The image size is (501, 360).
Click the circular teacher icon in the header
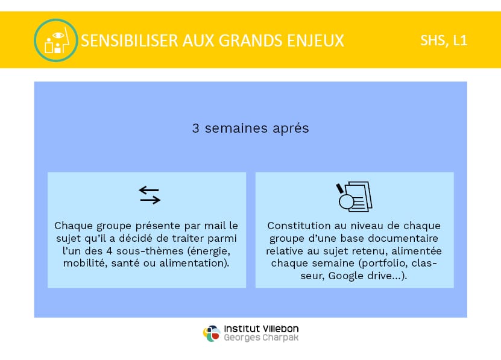(x=56, y=40)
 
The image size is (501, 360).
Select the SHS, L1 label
(x=444, y=40)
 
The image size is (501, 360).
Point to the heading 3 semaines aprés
(x=251, y=128)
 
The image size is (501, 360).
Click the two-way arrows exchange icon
(x=150, y=195)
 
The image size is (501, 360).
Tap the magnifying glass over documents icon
(x=354, y=197)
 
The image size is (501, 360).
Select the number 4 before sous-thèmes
(x=109, y=251)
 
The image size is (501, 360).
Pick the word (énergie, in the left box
(x=209, y=251)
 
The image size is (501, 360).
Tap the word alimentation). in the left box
(x=194, y=263)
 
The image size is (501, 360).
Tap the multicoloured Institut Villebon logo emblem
(x=212, y=333)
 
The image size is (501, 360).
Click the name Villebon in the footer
(x=280, y=329)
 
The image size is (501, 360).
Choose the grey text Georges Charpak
(x=261, y=338)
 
